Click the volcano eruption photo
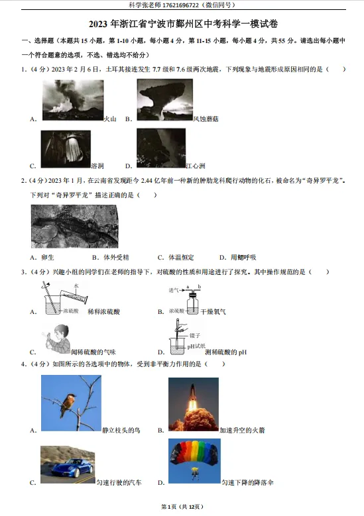tap(72, 100)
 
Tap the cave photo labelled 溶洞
tap(65, 149)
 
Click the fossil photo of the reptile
tap(74, 227)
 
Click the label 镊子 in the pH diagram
tap(194, 336)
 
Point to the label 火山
tap(111, 119)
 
